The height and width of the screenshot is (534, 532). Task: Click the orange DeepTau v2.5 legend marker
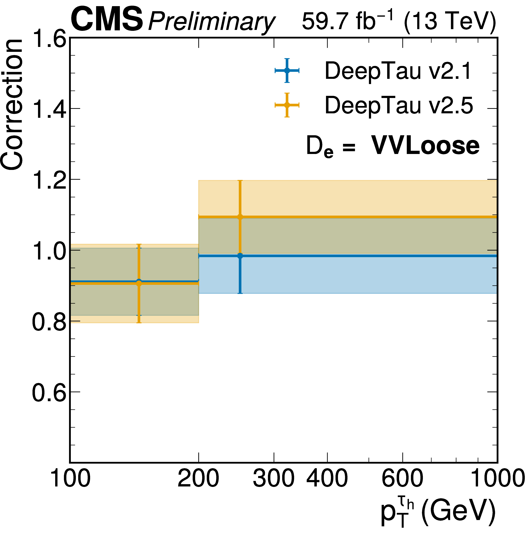click(287, 105)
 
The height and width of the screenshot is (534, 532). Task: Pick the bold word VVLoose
click(425, 146)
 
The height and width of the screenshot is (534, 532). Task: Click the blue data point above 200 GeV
click(240, 256)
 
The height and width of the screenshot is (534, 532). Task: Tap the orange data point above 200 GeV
click(240, 217)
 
